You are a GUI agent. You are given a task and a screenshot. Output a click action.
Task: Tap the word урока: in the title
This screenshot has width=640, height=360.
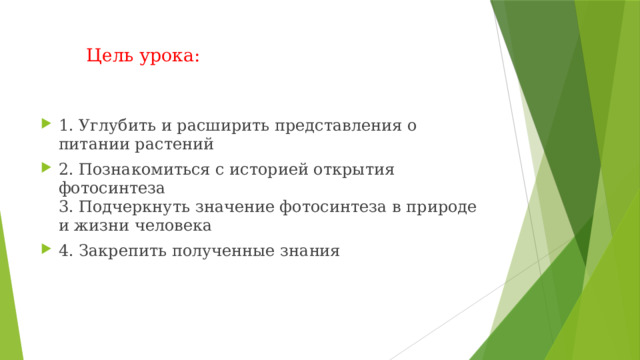[x=168, y=56]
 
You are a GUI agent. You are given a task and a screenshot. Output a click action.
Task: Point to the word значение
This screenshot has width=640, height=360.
[x=236, y=207]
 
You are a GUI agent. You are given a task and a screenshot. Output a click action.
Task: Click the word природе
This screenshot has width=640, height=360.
[x=441, y=207]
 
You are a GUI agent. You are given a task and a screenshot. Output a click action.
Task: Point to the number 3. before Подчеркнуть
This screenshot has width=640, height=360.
[x=66, y=207]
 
